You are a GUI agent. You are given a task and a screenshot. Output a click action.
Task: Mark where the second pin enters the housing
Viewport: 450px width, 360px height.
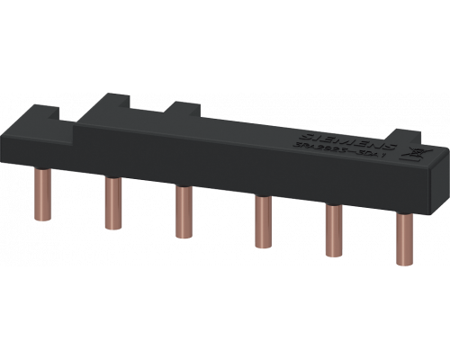point(114,179)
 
